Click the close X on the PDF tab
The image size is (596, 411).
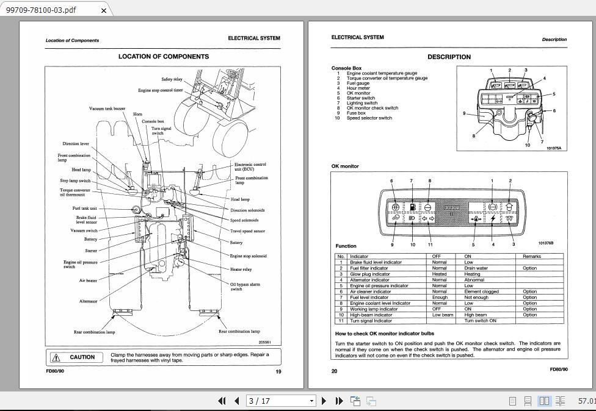(x=104, y=10)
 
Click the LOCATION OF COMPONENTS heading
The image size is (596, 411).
(x=163, y=57)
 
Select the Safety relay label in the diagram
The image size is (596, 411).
(x=172, y=79)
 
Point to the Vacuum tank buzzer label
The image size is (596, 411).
(x=107, y=109)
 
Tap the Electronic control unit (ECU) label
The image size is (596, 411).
(x=250, y=166)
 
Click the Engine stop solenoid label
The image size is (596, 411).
(x=248, y=256)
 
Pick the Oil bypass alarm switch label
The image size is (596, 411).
(x=245, y=287)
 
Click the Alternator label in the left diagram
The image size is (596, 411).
(x=88, y=301)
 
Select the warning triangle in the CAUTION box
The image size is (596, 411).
(x=56, y=357)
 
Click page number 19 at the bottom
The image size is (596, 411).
(x=278, y=371)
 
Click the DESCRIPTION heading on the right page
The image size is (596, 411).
(x=449, y=57)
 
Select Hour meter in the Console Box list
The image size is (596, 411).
(x=358, y=88)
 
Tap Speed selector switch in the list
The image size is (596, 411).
(x=369, y=118)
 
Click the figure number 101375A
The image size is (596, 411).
(x=554, y=148)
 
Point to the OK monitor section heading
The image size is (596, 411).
(x=345, y=166)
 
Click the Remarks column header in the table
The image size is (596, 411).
(x=532, y=257)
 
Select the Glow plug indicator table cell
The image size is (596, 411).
(x=369, y=274)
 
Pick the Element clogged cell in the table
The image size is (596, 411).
(x=481, y=291)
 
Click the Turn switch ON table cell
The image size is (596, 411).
(x=480, y=321)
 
